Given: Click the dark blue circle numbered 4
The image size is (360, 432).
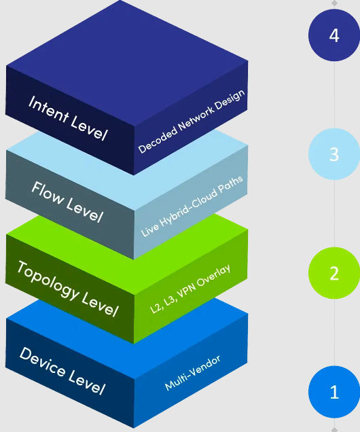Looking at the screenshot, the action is coord(334,35).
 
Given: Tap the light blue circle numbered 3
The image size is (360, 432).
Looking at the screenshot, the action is coord(334,154).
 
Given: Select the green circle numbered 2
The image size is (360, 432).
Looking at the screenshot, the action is coord(334,273).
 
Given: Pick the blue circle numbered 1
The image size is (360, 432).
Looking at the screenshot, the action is coord(334,392).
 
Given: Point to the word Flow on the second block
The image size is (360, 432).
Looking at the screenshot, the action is coord(47,192).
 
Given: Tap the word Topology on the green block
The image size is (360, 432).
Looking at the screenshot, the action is coord(48,281).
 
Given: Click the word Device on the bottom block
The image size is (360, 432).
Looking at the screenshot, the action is coord(42,362).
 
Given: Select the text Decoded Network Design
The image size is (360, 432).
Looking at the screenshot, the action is coord(192,122).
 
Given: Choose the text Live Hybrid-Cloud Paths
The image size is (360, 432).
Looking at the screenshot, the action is coord(192,206).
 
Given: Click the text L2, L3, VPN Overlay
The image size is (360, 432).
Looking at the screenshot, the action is coord(190,289).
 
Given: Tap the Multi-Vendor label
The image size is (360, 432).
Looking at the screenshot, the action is coord(192,373).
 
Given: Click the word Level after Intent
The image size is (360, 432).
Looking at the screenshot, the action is coord(89,128).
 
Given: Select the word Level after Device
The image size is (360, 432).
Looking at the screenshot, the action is coord(87,382).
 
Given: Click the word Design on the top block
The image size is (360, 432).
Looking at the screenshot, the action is coord(230,98).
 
